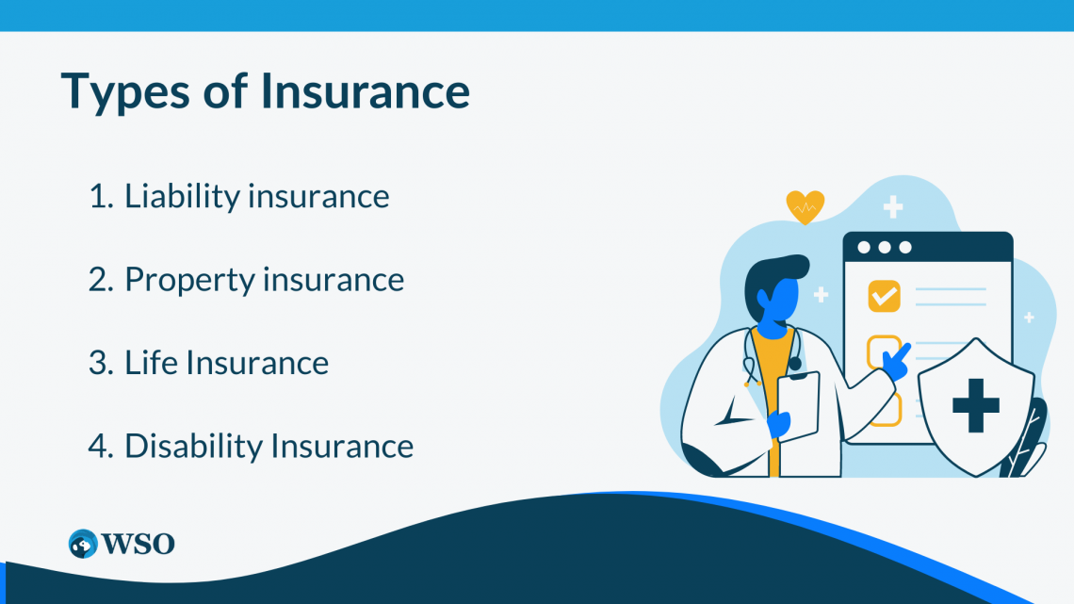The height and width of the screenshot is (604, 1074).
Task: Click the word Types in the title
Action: [125, 91]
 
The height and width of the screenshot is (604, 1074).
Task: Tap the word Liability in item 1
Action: [182, 197]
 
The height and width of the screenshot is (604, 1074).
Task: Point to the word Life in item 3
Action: [150, 362]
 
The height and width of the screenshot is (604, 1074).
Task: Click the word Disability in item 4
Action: [194, 446]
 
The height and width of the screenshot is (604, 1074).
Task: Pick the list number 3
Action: [101, 363]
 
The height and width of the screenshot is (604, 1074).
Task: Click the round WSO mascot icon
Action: [83, 544]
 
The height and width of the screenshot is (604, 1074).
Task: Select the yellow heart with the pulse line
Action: [805, 206]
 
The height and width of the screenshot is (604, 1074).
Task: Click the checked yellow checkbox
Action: [885, 296]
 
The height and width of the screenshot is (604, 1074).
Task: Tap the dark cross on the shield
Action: [976, 405]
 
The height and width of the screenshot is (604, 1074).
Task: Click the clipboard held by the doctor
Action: [798, 407]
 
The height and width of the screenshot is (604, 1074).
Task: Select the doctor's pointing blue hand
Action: [897, 362]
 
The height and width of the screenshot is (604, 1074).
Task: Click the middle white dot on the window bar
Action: [885, 247]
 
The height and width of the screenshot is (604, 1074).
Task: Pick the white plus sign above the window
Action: [892, 206]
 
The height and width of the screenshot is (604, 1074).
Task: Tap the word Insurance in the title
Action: [366, 90]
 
